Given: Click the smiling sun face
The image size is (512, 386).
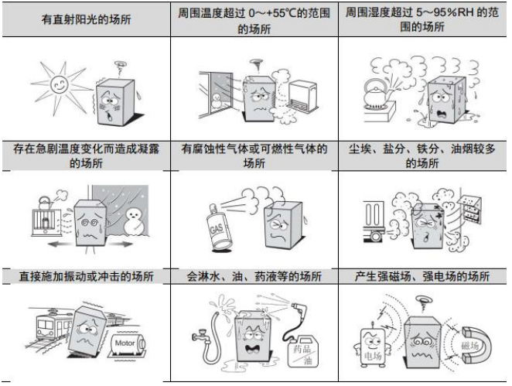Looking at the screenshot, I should [x=54, y=84].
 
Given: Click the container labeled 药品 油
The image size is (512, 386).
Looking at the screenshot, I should [x=299, y=354].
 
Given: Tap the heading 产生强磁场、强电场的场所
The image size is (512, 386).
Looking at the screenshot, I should [x=422, y=276].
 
